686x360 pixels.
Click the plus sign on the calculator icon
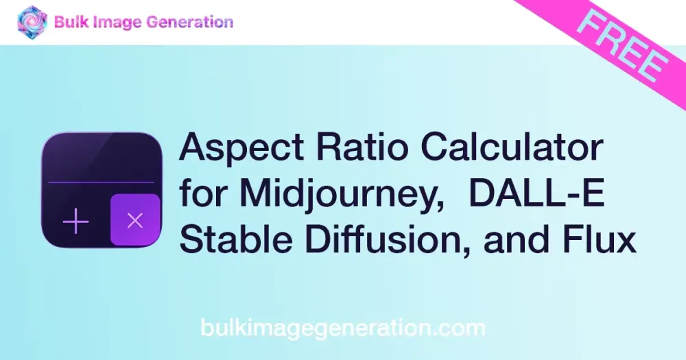click(x=75, y=222)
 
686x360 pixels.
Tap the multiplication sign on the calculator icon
click(x=136, y=220)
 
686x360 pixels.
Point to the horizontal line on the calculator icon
click(x=102, y=182)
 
